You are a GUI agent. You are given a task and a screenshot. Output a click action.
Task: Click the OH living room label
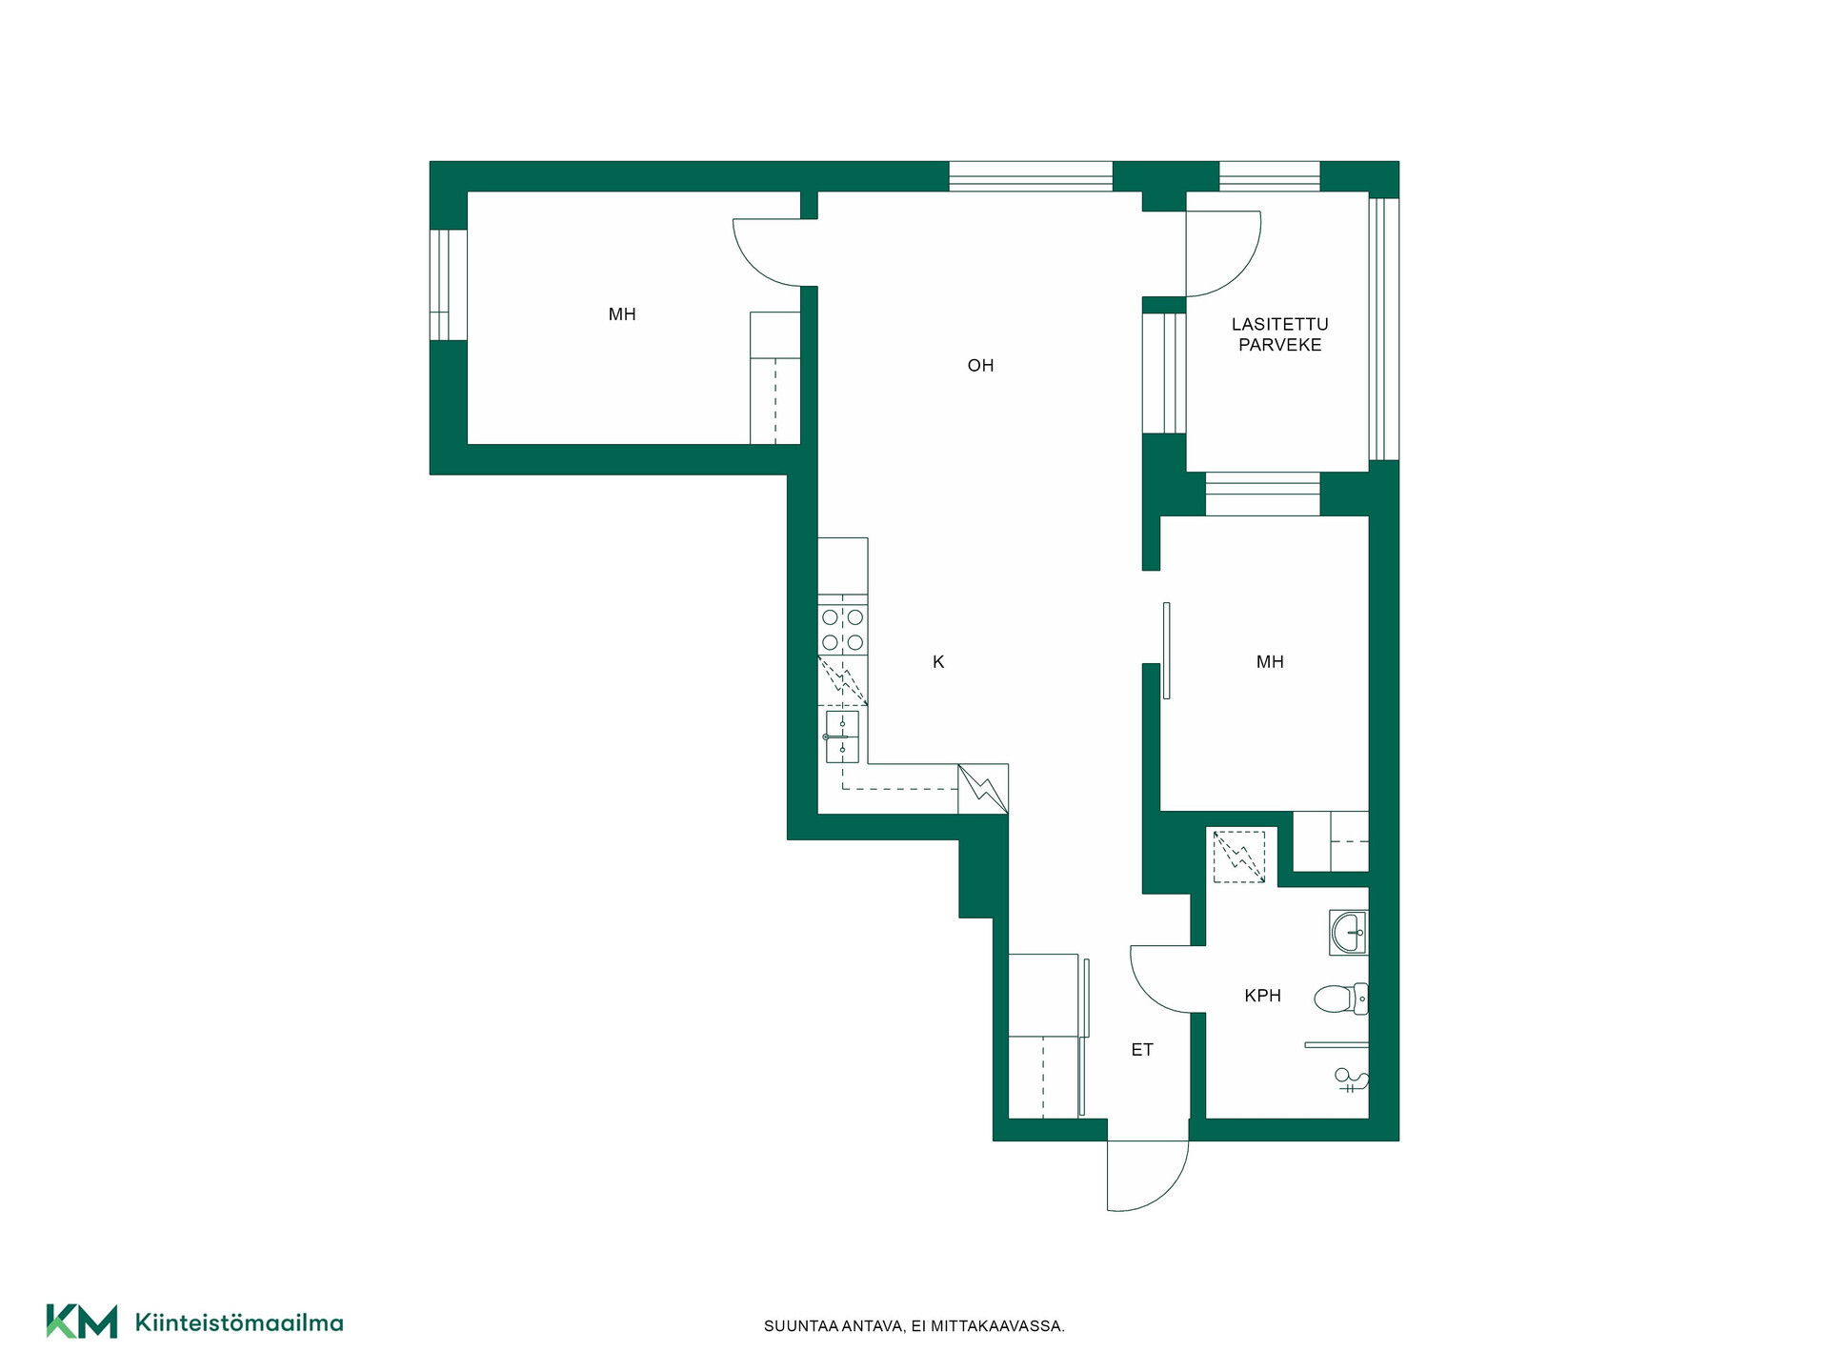pyautogui.click(x=980, y=366)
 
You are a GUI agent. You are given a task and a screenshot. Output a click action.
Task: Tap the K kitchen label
pyautogui.click(x=938, y=662)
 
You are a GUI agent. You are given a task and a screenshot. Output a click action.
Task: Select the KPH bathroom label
pyautogui.click(x=1262, y=996)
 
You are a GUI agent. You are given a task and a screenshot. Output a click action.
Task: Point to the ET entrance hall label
pyautogui.click(x=1142, y=1050)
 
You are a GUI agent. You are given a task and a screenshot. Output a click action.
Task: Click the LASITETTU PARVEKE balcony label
pyautogui.click(x=1280, y=334)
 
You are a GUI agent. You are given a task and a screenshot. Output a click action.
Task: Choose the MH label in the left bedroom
pyautogui.click(x=622, y=314)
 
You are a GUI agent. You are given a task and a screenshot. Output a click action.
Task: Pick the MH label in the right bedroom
pyautogui.click(x=1270, y=662)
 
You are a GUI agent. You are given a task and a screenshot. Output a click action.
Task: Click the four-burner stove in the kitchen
pyautogui.click(x=843, y=630)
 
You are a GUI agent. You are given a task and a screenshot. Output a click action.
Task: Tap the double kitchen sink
pyautogui.click(x=842, y=736)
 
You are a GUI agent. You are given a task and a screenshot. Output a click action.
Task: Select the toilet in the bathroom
pyautogui.click(x=1341, y=999)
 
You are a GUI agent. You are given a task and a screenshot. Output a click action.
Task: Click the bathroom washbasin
pyautogui.click(x=1349, y=933)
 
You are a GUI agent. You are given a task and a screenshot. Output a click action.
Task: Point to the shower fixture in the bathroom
pyautogui.click(x=1351, y=1080)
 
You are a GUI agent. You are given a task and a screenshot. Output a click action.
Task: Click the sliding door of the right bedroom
pyautogui.click(x=1167, y=651)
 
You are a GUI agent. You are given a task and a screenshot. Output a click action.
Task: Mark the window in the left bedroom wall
pyautogui.click(x=448, y=285)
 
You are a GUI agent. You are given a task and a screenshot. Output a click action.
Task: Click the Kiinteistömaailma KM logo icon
pyautogui.click(x=82, y=1322)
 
